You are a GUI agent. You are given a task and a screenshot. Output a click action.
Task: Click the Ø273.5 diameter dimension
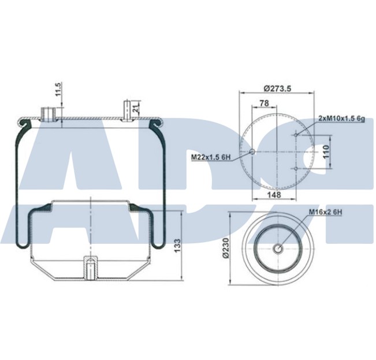(x=277, y=88)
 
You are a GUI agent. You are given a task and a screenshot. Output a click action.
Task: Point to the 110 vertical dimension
(x=325, y=152)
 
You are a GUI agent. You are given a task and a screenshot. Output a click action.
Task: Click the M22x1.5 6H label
(x=211, y=156)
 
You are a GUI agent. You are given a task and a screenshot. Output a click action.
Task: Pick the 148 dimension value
(x=275, y=195)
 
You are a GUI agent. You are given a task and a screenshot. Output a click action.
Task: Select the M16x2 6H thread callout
(x=325, y=212)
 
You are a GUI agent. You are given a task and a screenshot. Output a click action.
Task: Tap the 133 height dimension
(x=177, y=245)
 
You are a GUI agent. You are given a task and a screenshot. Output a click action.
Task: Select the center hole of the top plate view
(x=252, y=152)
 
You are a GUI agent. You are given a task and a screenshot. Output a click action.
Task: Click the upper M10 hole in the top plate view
(x=295, y=135)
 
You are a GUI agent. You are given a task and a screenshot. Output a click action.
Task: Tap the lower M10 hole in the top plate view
(x=295, y=169)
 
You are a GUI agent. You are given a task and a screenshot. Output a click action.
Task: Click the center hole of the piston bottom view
(x=278, y=249)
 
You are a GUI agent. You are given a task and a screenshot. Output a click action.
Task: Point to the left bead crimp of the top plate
(x=24, y=123)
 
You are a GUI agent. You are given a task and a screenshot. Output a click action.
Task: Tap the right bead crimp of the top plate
(x=155, y=123)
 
